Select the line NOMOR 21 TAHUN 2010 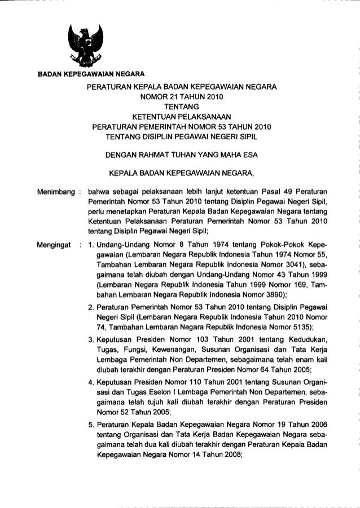(181, 96)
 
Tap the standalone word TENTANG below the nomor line (181, 105)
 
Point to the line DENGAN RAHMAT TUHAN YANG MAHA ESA (181, 150)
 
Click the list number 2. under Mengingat (91, 306)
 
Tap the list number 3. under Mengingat (91, 338)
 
